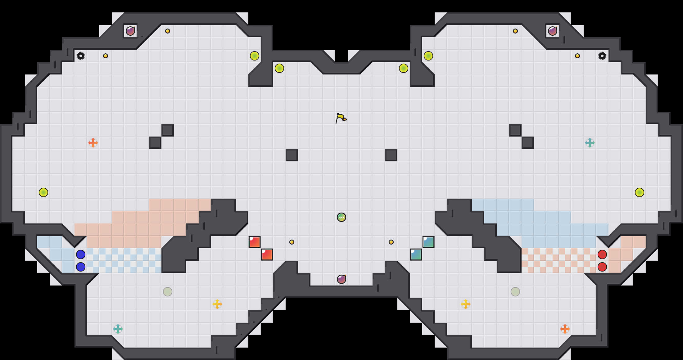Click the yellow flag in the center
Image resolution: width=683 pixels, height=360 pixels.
341,118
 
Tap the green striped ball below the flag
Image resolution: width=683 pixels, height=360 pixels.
341,217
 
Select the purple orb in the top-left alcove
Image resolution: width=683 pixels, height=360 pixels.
130,31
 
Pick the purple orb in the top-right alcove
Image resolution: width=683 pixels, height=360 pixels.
553,31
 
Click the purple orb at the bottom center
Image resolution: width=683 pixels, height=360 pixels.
341,279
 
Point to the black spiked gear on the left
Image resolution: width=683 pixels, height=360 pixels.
81,56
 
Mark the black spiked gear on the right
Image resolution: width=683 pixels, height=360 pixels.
602,56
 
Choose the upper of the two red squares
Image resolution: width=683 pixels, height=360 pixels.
255,242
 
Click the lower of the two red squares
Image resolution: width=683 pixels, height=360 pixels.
267,254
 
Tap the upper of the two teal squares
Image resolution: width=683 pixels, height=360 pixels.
428,242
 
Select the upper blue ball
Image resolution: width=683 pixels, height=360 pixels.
81,254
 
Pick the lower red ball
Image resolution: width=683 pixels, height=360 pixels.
602,267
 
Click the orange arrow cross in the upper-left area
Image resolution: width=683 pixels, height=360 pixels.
93,143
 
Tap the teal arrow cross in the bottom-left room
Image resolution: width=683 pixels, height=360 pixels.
118,329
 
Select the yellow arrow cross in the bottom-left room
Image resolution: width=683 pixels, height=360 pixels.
217,304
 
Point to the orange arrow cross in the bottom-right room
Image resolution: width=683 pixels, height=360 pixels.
565,329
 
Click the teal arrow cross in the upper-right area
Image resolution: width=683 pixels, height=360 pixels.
590,143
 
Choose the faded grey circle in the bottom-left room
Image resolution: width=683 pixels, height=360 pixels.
168,292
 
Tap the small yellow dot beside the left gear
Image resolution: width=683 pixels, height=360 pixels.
106,56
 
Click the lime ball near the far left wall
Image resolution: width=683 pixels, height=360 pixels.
43,192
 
